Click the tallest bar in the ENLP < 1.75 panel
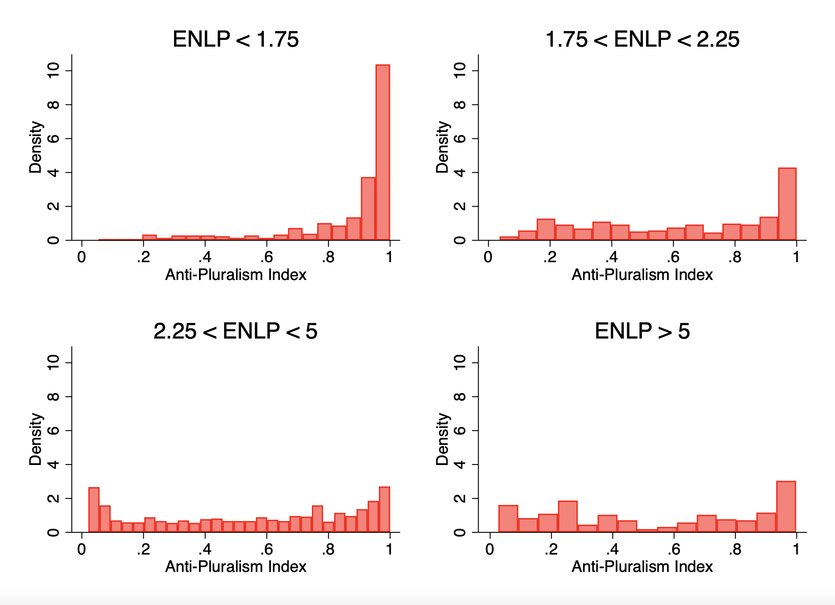click(382, 153)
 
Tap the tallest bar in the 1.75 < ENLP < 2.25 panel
click(787, 204)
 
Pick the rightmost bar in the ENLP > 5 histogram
click(786, 507)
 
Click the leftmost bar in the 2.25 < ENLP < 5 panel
click(94, 510)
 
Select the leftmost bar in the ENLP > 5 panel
click(508, 518)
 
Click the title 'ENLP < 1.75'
click(235, 39)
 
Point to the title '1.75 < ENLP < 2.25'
click(642, 39)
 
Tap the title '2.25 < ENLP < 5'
click(235, 331)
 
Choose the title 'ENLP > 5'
click(642, 331)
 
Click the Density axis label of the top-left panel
click(36, 147)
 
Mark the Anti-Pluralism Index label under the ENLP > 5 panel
click(642, 567)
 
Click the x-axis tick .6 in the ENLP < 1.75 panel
click(266, 257)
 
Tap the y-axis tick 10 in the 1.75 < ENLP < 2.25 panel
click(460, 70)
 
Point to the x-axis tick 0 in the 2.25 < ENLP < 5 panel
click(81, 549)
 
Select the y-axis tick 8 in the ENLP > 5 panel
click(460, 397)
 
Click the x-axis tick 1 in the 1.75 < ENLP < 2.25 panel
click(796, 257)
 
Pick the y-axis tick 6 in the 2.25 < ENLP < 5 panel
click(53, 431)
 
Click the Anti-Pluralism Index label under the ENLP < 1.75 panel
click(235, 275)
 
